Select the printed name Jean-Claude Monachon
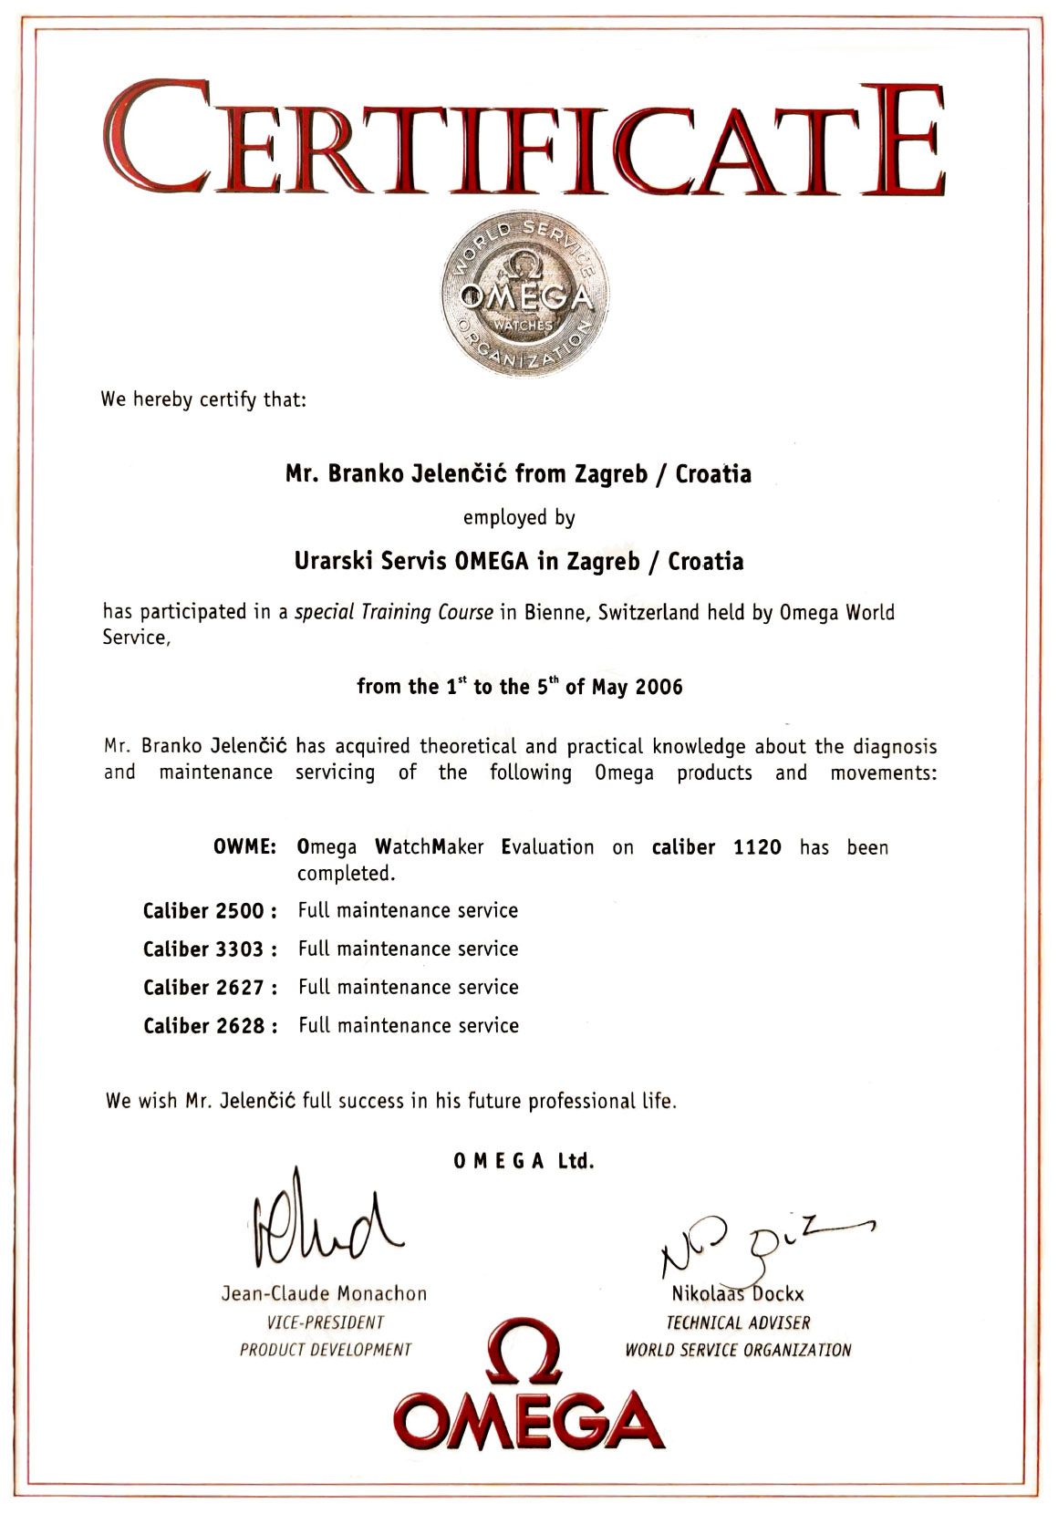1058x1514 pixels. point(324,1293)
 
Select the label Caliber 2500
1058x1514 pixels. point(210,911)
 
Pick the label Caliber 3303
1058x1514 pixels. point(210,949)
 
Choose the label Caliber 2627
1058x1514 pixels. point(210,988)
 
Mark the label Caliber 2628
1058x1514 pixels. point(210,1026)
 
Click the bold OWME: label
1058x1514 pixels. point(244,847)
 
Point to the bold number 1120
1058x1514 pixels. point(757,847)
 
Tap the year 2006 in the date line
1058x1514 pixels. point(659,687)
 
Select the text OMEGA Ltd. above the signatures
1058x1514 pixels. point(524,1162)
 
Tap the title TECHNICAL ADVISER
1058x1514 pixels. point(737,1322)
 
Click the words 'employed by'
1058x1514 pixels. point(519,518)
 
